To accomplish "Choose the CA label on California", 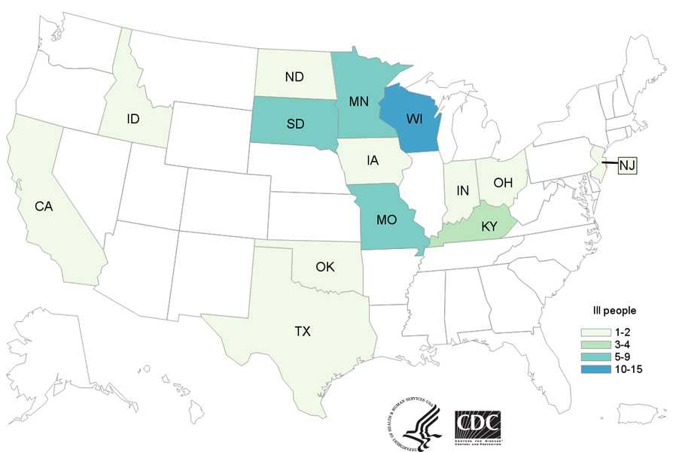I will coord(44,205).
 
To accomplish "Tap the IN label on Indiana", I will coord(463,192).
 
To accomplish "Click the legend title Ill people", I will coord(615,310).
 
